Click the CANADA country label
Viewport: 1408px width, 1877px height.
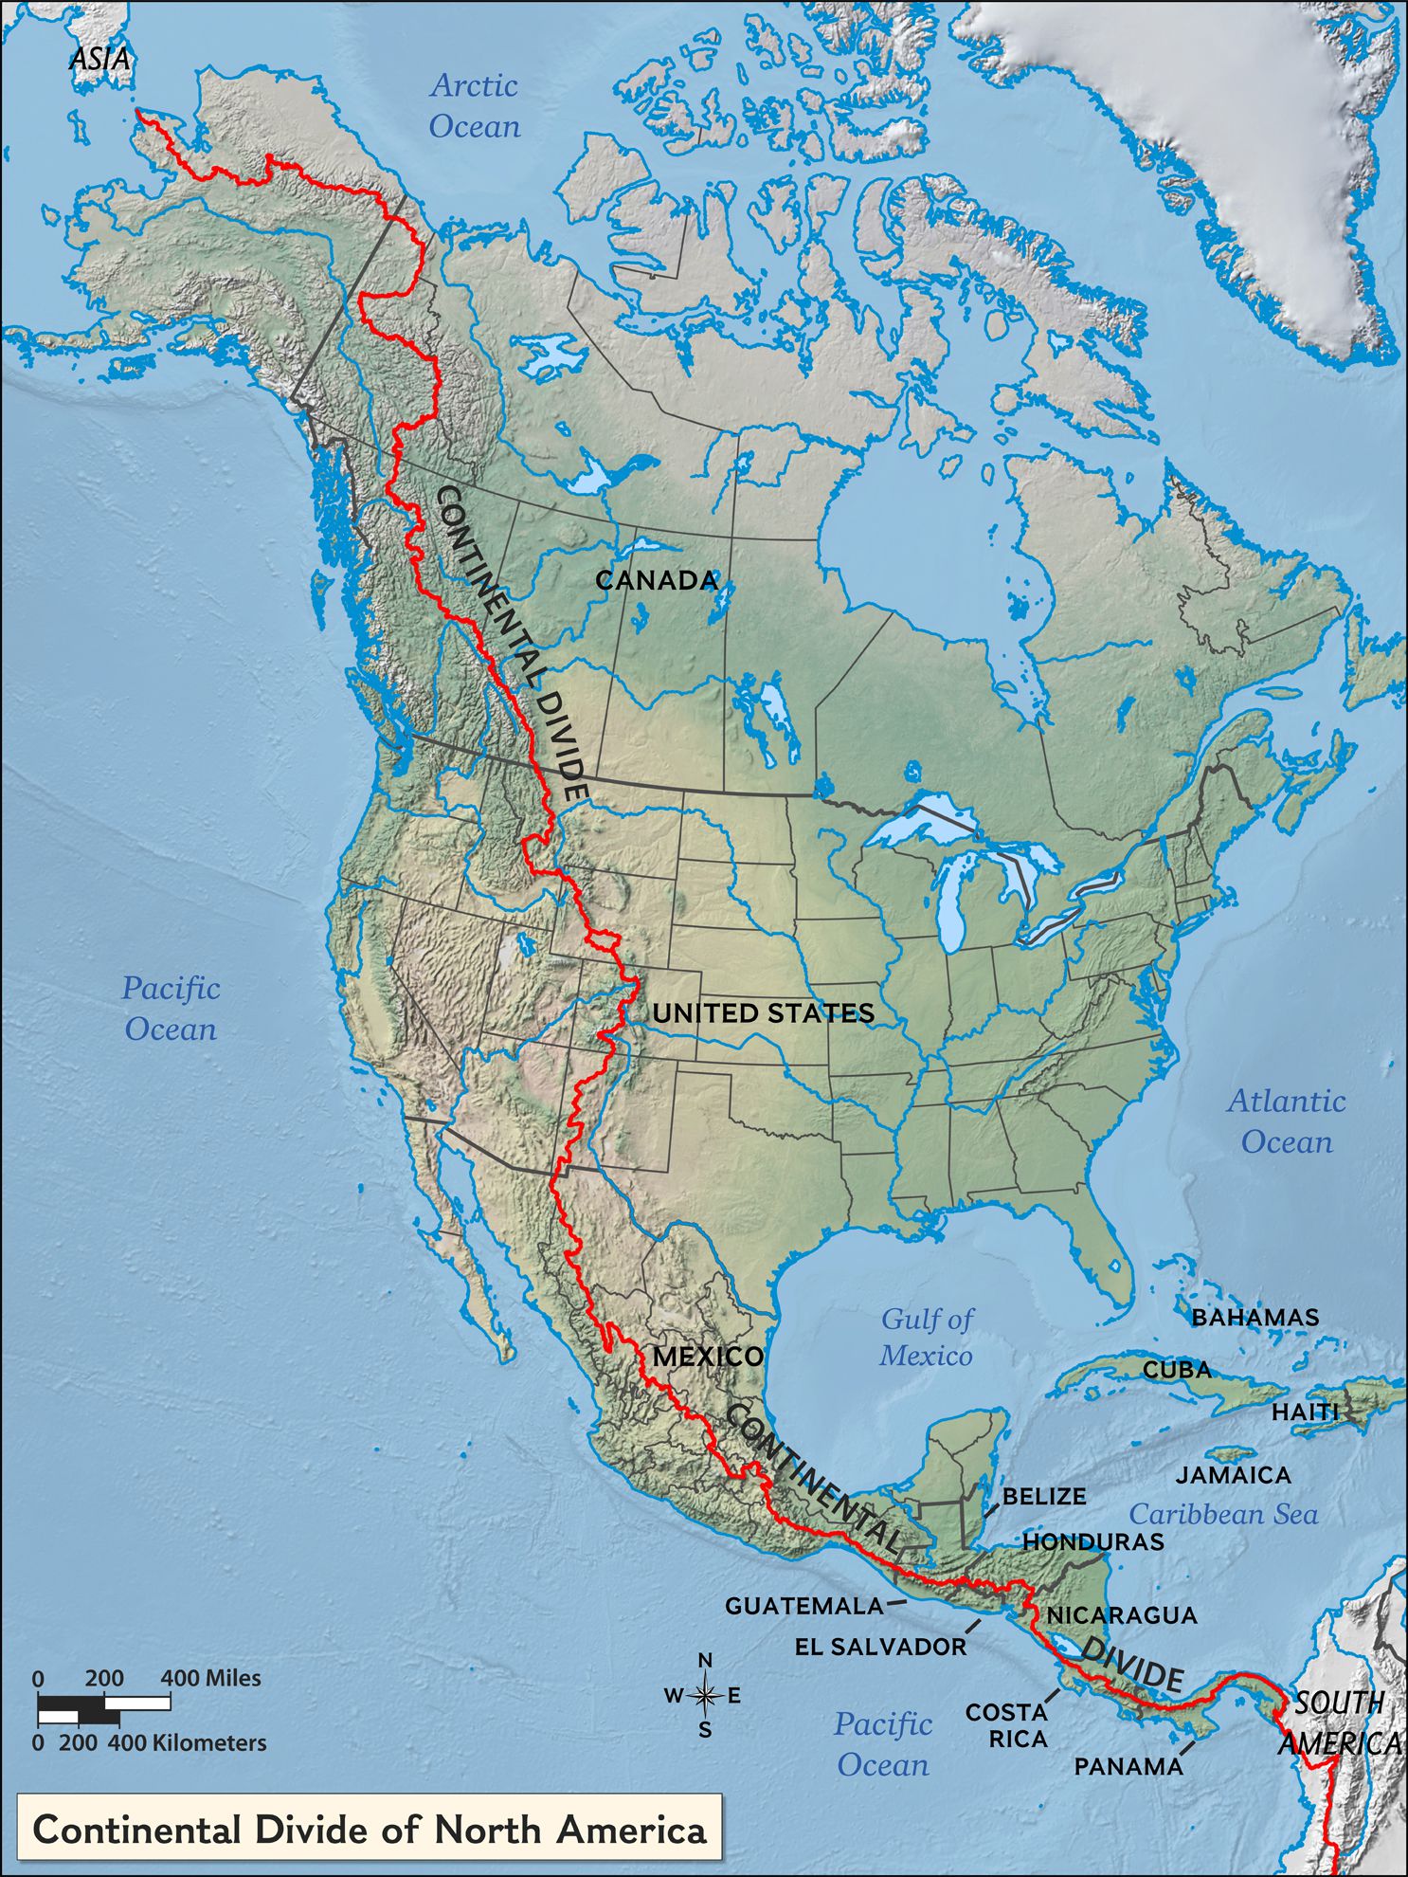(657, 580)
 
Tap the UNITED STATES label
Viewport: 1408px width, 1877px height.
(763, 1013)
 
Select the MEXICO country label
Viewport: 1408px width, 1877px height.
(708, 1357)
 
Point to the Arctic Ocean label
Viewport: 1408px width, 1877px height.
(475, 105)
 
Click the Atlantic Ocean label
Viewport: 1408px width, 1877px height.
(1287, 1121)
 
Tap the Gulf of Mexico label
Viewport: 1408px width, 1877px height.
(926, 1337)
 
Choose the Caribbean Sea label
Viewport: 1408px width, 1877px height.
(1223, 1514)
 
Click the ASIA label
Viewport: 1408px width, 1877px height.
(99, 59)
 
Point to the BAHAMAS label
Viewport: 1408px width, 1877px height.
(1255, 1317)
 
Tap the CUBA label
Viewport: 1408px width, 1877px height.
(1177, 1370)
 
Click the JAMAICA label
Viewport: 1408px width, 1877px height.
(1233, 1475)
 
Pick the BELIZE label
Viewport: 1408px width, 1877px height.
(1044, 1496)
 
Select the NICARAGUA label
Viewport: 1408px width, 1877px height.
(1122, 1614)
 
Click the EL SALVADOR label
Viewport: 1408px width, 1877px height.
(880, 1647)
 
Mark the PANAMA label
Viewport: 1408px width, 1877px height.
(1128, 1766)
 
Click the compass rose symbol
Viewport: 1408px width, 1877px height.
(705, 1696)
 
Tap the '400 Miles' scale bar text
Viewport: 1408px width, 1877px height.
(210, 1678)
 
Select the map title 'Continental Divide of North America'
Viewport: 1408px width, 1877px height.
(370, 1829)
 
